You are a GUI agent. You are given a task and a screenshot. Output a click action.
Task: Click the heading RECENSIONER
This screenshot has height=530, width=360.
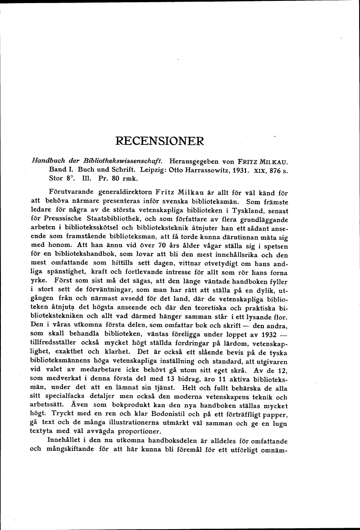coord(159,142)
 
